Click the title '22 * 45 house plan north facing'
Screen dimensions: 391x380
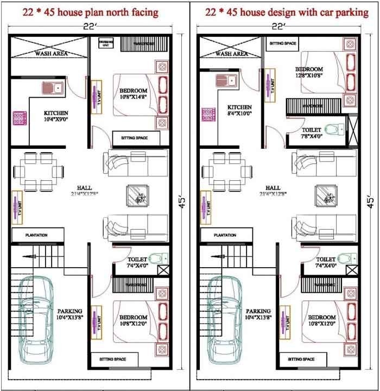point(91,12)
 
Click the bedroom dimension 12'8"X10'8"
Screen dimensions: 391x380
point(309,76)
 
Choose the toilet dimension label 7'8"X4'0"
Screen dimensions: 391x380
point(312,137)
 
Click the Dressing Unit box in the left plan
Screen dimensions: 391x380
point(105,43)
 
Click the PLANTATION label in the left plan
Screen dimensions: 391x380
point(36,235)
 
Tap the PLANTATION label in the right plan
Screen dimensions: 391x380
point(225,235)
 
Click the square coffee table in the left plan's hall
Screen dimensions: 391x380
point(137,195)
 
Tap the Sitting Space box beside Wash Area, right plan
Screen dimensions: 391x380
point(282,43)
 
